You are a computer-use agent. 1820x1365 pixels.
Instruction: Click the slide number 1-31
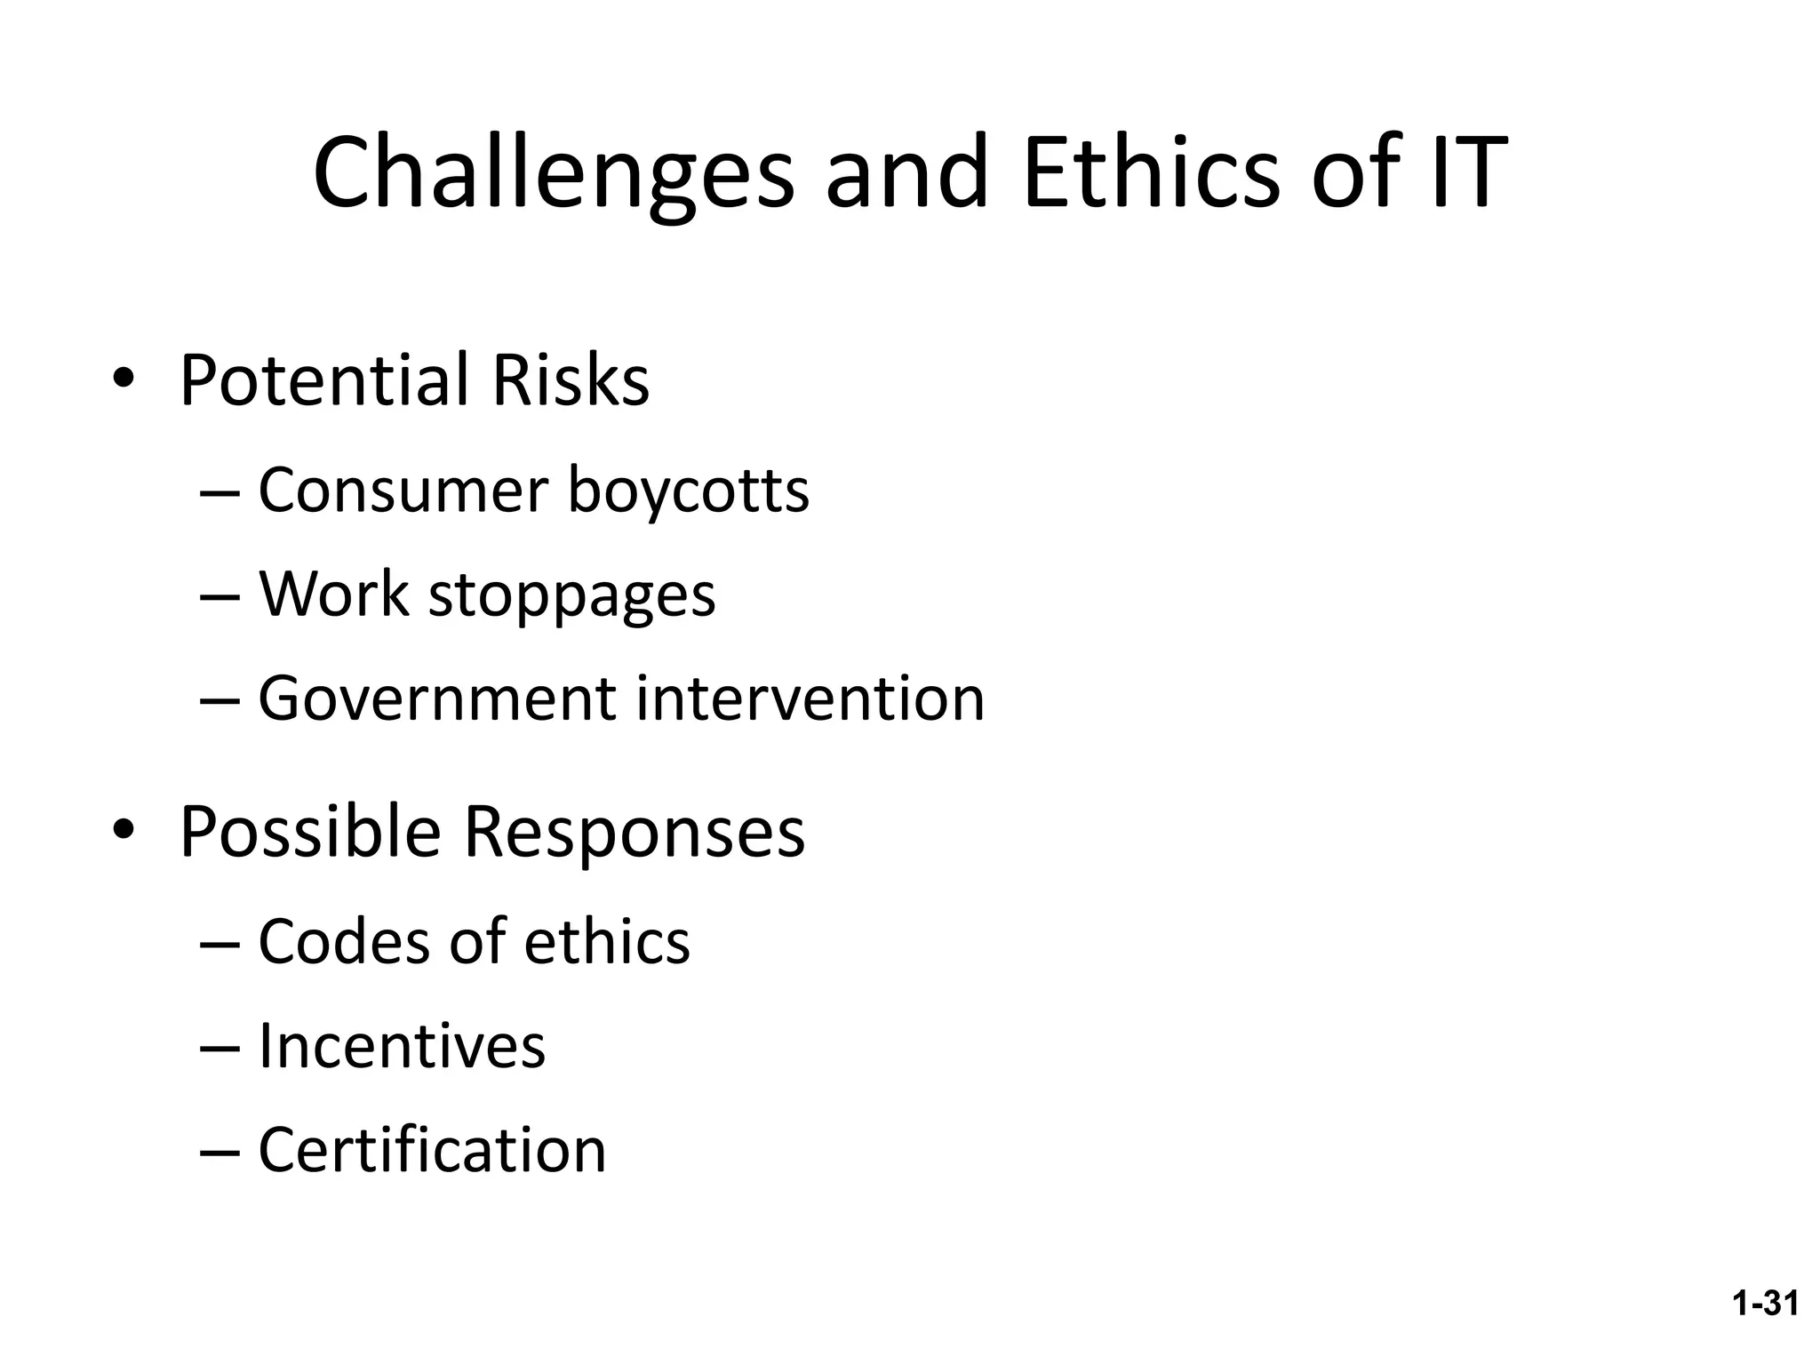point(1765,1303)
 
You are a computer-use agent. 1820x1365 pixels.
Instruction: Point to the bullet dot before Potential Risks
point(124,381)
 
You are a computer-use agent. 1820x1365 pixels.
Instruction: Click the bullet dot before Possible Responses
point(124,832)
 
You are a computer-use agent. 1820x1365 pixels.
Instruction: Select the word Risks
point(571,380)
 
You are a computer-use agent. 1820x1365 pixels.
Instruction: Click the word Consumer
point(403,491)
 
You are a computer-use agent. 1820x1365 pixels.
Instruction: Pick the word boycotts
point(689,491)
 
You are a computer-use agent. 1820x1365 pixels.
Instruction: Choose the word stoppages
point(572,595)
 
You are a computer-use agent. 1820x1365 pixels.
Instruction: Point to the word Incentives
point(402,1046)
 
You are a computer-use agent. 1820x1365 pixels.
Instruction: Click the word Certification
point(432,1150)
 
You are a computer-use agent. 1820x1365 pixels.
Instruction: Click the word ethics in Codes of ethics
point(607,942)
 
